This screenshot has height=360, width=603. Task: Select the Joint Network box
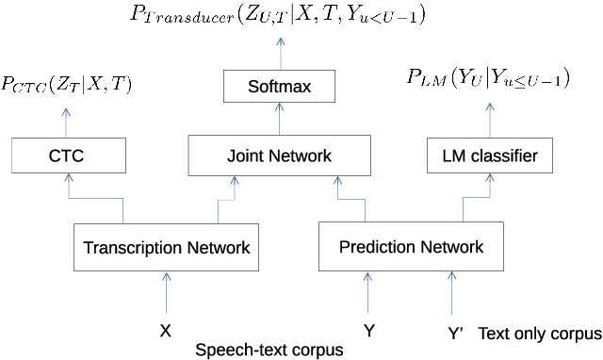coord(279,155)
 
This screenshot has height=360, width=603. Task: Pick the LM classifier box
coord(489,155)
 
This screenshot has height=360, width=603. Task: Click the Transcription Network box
coord(167,248)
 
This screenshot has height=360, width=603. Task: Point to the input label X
coord(166,332)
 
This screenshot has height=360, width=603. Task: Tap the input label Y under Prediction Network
coord(370,332)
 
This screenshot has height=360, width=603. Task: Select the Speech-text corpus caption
coord(268,351)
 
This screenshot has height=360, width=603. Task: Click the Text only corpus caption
coord(539,333)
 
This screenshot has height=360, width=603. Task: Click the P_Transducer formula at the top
coord(279,15)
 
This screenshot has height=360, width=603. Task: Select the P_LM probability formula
coord(490,80)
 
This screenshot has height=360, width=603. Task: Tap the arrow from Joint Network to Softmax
coord(279,119)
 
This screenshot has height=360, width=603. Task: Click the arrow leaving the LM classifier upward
coord(488,119)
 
